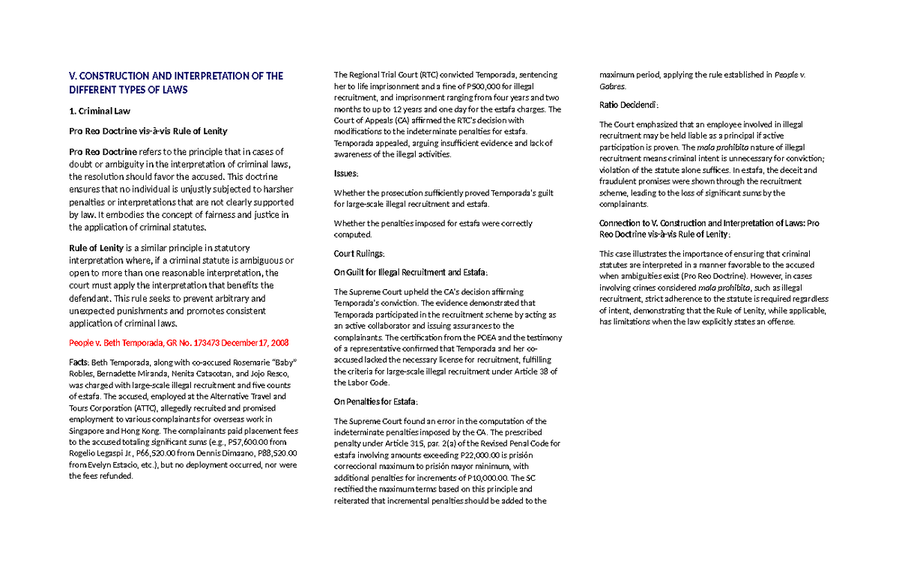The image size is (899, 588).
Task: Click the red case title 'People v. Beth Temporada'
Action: [115, 343]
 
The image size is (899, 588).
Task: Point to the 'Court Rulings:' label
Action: [359, 253]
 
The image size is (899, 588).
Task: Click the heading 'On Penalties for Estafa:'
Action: [375, 401]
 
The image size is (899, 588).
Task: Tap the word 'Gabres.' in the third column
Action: [615, 86]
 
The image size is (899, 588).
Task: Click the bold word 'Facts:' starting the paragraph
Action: [79, 363]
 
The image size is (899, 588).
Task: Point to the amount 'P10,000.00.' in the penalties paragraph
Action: [484, 478]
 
